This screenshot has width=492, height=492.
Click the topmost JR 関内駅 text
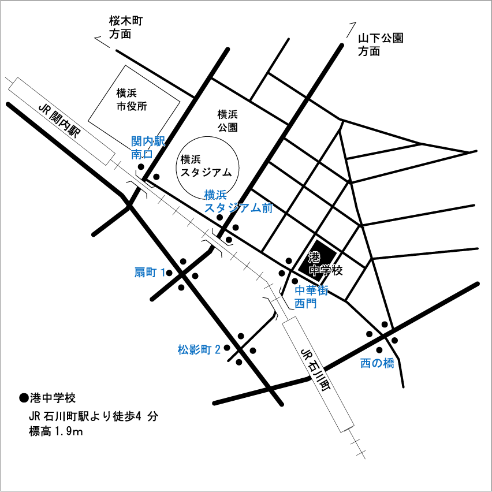pyautogui.click(x=59, y=120)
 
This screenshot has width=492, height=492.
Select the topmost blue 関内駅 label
pyautogui.click(x=148, y=141)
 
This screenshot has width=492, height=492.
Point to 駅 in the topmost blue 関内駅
pyautogui.click(x=159, y=141)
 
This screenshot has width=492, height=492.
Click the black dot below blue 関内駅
pyautogui.click(x=141, y=167)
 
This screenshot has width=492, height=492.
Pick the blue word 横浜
pyautogui.click(x=215, y=195)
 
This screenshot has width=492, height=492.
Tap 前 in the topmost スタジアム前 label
pyautogui.click(x=267, y=208)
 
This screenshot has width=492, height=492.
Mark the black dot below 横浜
pyautogui.click(x=219, y=218)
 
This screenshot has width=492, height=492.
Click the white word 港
pyautogui.click(x=314, y=257)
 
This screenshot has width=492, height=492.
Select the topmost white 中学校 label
pyautogui.click(x=326, y=270)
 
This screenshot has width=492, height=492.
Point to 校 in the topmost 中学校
pyautogui.click(x=338, y=270)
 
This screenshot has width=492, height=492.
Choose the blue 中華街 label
pyautogui.click(x=311, y=290)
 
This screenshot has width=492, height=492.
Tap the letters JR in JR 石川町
pyautogui.click(x=307, y=353)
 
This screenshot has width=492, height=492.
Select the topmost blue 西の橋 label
pyautogui.click(x=377, y=363)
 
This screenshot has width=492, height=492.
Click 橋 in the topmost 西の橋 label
pyautogui.click(x=389, y=363)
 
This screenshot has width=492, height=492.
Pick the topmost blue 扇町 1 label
pyautogui.click(x=150, y=272)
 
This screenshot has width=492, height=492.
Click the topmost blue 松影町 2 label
pyautogui.click(x=200, y=349)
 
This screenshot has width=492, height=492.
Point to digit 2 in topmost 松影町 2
pyautogui.click(x=218, y=349)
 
